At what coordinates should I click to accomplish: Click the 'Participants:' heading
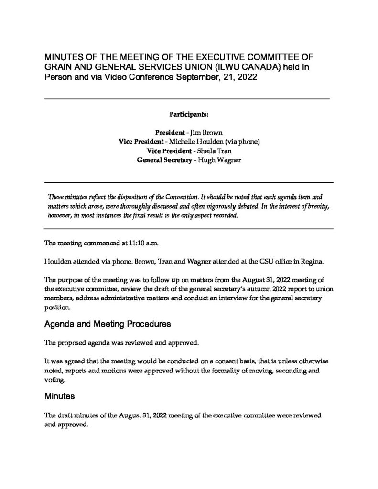tap(189, 115)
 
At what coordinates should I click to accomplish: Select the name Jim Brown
tap(208, 131)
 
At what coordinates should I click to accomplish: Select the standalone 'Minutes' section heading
tap(59, 396)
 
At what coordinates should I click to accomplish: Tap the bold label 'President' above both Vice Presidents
tap(170, 131)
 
